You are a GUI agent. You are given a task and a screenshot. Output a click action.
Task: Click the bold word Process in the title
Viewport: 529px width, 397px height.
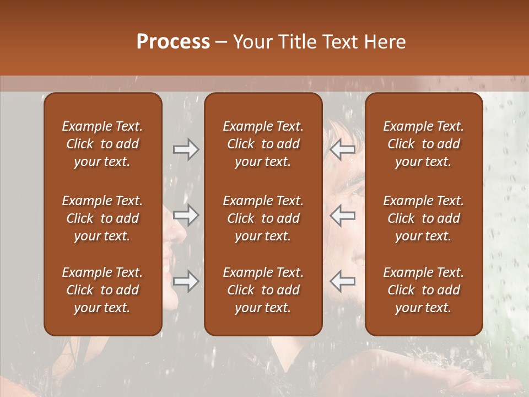point(173,42)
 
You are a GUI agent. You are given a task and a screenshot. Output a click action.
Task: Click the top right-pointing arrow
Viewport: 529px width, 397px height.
point(186,149)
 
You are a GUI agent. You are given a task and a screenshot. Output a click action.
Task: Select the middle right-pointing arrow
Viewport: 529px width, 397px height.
point(186,215)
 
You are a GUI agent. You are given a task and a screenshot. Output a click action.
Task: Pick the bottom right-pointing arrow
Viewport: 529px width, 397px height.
point(186,281)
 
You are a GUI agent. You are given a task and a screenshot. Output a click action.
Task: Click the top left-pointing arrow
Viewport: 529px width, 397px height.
point(342,149)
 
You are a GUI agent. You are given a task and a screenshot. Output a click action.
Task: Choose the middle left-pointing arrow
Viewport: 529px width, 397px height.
point(342,215)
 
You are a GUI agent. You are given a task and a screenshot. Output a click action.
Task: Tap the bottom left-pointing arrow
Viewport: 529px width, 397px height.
point(342,281)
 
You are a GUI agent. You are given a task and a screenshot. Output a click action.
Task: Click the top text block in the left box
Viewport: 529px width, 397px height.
point(102,144)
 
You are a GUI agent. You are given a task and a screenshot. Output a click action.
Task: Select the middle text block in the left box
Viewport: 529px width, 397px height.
point(102,218)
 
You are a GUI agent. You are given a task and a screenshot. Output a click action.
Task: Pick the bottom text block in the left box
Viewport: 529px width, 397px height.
point(102,290)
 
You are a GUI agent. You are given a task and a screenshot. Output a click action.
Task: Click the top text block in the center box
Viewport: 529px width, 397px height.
point(263,144)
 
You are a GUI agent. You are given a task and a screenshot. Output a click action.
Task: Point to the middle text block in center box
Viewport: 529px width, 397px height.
point(263,218)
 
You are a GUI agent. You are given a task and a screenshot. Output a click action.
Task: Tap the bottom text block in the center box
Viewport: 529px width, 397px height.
point(263,290)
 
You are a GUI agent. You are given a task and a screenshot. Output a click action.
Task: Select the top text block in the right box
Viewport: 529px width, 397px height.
point(423,144)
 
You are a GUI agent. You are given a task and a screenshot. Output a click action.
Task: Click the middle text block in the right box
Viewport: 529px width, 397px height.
point(423,218)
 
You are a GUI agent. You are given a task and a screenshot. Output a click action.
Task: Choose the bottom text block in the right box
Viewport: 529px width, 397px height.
point(423,290)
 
